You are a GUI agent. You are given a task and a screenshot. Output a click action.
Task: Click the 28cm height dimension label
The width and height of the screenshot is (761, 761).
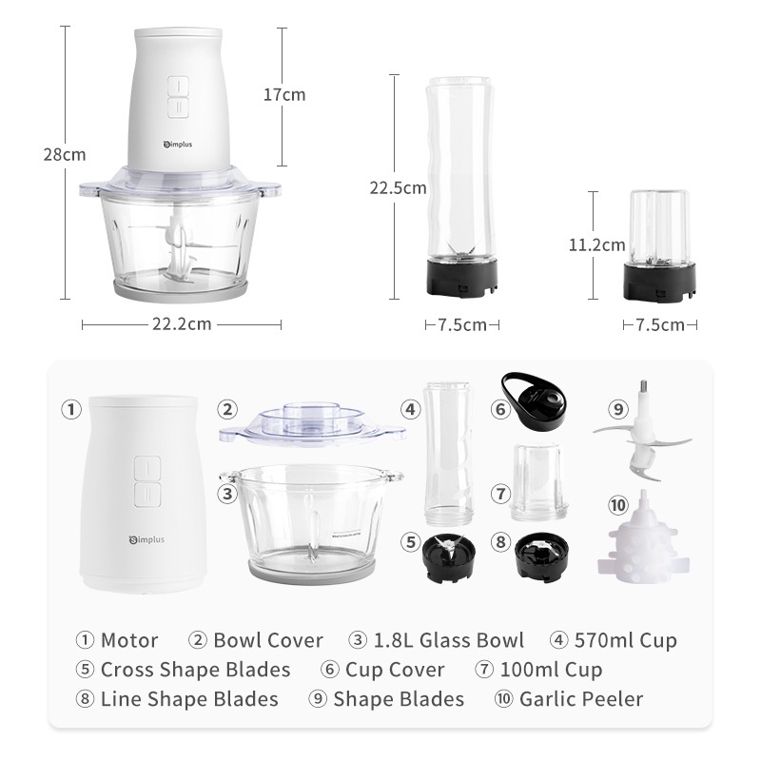click(65, 155)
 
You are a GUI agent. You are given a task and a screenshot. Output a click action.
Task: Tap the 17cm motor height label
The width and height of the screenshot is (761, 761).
click(284, 94)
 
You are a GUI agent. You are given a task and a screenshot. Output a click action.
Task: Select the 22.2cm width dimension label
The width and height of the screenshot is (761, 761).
click(182, 323)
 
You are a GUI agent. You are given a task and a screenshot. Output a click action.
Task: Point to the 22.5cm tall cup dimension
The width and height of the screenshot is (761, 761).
click(398, 187)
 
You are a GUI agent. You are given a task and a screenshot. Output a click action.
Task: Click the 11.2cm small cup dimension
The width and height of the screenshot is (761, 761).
click(597, 244)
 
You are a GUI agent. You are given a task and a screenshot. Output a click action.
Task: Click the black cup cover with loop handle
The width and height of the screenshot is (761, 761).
click(535, 400)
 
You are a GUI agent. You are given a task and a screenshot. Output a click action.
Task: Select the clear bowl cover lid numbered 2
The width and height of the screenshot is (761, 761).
click(312, 423)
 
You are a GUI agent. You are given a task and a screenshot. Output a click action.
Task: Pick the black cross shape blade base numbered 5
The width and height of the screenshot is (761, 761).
click(449, 558)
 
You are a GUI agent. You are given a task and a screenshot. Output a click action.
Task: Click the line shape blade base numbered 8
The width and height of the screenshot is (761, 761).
click(541, 557)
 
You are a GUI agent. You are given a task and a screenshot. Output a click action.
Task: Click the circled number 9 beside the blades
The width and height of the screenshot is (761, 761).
click(617, 409)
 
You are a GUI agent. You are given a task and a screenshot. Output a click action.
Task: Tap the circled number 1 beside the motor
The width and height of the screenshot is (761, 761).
click(71, 409)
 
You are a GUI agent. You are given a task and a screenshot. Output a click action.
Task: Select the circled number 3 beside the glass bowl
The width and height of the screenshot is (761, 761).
click(227, 494)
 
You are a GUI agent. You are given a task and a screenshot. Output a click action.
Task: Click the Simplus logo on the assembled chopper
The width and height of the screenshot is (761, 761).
click(178, 145)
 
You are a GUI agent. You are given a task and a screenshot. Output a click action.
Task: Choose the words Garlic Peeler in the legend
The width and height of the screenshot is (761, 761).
click(581, 699)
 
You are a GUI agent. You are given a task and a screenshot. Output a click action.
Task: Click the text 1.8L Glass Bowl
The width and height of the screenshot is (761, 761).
click(449, 640)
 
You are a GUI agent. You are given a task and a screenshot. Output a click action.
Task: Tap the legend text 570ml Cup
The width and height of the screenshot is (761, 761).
click(626, 640)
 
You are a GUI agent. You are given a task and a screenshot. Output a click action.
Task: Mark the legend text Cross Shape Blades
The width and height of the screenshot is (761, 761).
click(196, 670)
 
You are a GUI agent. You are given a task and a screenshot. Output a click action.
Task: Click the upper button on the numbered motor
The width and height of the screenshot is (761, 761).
click(147, 468)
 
